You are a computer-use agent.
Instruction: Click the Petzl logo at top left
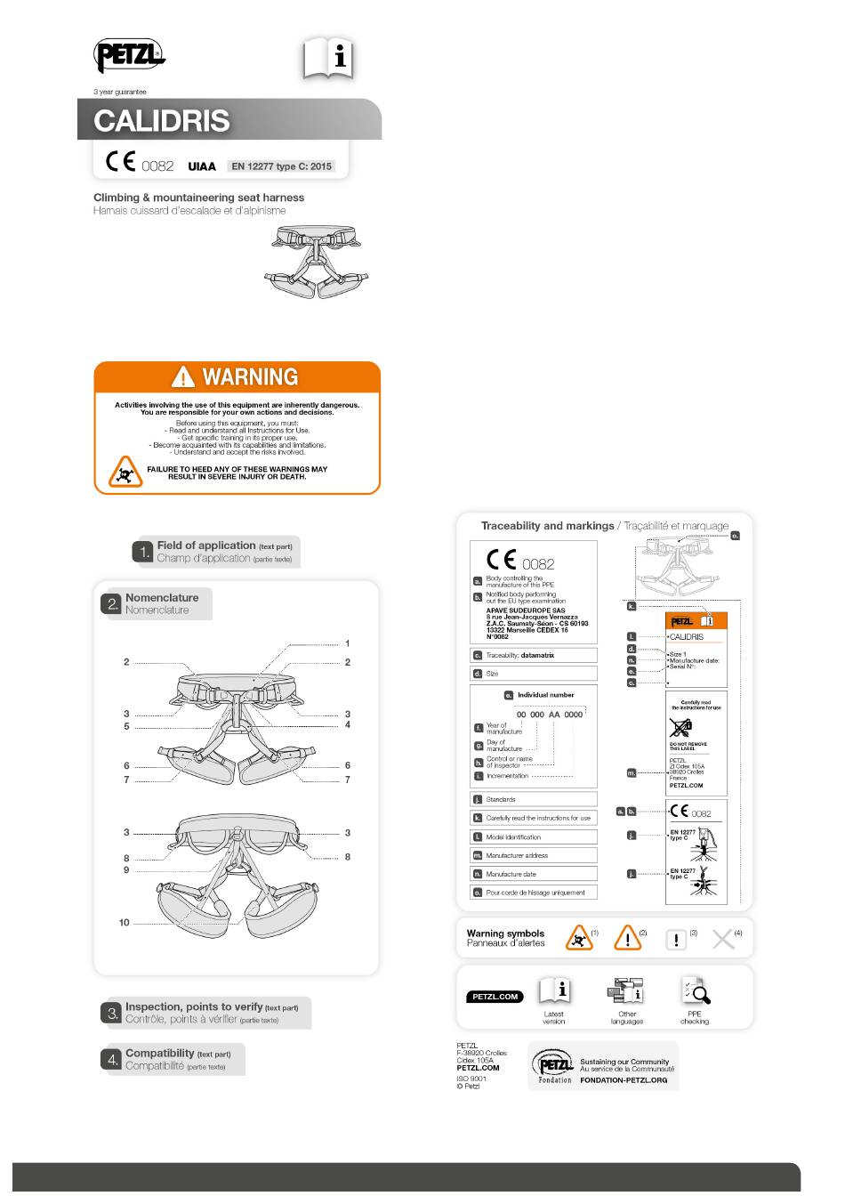click(x=129, y=57)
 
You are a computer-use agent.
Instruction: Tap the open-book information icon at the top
click(x=329, y=59)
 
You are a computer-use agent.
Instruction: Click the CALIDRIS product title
click(x=162, y=121)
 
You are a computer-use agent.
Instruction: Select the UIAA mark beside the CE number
click(x=202, y=166)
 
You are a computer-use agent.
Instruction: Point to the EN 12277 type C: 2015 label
click(x=281, y=166)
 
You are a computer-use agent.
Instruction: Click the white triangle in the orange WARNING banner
click(x=183, y=376)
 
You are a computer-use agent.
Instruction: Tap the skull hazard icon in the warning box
click(x=125, y=473)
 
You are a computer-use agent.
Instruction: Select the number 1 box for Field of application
click(x=143, y=553)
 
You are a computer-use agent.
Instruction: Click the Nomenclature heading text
click(x=162, y=598)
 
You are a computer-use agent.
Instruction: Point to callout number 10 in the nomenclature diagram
click(x=125, y=923)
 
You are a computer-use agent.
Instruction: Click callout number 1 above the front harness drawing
click(x=348, y=643)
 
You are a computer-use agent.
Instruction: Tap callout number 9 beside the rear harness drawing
click(x=126, y=870)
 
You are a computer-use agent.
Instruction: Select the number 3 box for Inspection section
click(x=113, y=1013)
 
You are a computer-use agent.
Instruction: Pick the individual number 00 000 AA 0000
click(x=550, y=715)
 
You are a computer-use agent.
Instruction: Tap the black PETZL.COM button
click(x=495, y=997)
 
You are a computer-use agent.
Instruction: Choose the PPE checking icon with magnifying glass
click(x=695, y=990)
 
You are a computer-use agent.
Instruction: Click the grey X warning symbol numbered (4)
click(x=723, y=939)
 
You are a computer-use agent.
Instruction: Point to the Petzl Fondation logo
click(x=552, y=1066)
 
